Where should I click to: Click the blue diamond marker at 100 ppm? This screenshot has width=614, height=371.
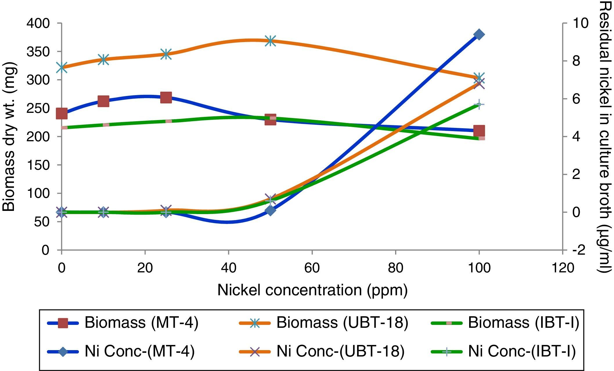click(x=479, y=35)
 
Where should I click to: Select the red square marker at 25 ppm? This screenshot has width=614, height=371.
click(x=166, y=97)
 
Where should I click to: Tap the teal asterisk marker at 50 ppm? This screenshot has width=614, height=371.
click(x=270, y=41)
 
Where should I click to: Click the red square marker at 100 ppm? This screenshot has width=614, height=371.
click(x=479, y=131)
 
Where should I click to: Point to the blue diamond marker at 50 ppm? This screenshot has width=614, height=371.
click(x=270, y=210)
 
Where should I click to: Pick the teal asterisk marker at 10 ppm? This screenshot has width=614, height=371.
click(x=103, y=59)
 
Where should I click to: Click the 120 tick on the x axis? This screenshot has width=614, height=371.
click(x=563, y=268)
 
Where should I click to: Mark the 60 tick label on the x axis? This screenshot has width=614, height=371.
click(x=312, y=268)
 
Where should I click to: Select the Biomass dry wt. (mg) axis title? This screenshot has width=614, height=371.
click(x=9, y=137)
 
